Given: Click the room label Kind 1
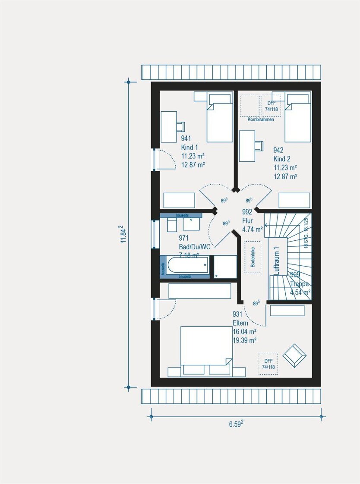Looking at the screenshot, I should [x=189, y=148].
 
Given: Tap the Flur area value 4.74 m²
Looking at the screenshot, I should [x=253, y=229].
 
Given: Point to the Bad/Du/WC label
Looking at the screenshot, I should [x=194, y=246].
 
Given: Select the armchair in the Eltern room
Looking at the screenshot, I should [x=294, y=355].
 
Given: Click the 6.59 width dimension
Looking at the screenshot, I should [x=236, y=424].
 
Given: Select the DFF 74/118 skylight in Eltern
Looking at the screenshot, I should [x=268, y=364].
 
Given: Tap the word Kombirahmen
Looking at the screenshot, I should [x=261, y=119].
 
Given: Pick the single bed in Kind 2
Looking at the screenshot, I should [x=298, y=118].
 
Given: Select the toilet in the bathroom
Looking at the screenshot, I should [x=171, y=224].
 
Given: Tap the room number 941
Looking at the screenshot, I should [x=186, y=139].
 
